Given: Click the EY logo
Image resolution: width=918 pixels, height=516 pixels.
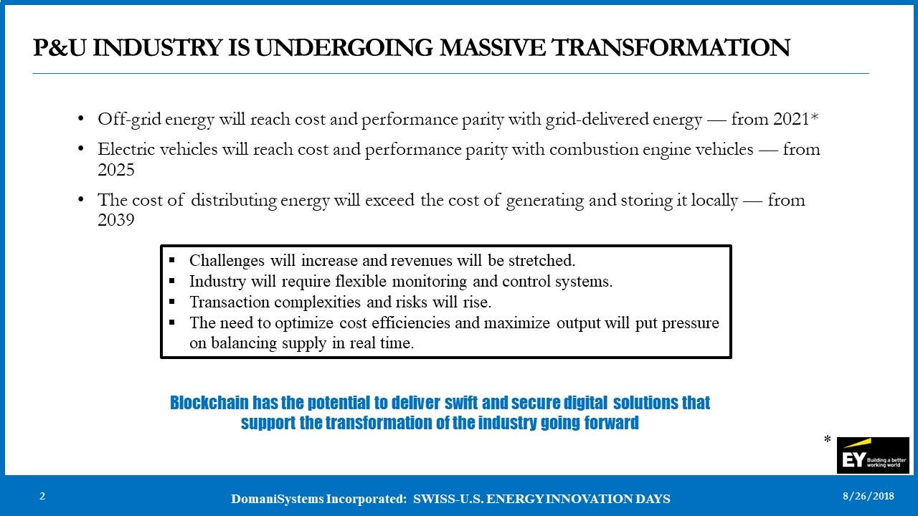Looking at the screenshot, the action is click(x=873, y=455).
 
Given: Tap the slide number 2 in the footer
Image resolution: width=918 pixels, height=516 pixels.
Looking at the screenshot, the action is click(x=42, y=497).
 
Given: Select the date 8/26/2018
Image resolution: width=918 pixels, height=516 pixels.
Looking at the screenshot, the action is click(x=869, y=497).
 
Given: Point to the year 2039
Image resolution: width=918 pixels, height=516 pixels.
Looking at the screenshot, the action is click(x=116, y=220).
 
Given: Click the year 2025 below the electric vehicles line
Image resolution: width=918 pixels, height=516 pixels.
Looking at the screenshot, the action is click(x=116, y=170).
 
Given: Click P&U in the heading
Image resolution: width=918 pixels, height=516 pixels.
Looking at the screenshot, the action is click(x=60, y=47).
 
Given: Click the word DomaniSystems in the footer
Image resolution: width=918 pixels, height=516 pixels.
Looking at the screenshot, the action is click(x=277, y=499).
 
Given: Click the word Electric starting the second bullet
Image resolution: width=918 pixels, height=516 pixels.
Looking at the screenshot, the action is click(x=126, y=149).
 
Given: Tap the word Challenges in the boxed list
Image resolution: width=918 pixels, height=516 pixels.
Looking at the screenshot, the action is click(x=227, y=261).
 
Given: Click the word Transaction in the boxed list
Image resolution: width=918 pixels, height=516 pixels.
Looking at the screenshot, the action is click(x=229, y=302).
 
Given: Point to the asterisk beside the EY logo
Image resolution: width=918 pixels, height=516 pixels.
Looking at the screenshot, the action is click(x=827, y=440).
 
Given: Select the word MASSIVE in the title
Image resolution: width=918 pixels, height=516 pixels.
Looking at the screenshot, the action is click(x=493, y=47).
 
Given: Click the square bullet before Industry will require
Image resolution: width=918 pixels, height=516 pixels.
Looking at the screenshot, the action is click(x=171, y=281).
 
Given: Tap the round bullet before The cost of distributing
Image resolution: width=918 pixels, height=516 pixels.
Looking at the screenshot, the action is click(x=81, y=199).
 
